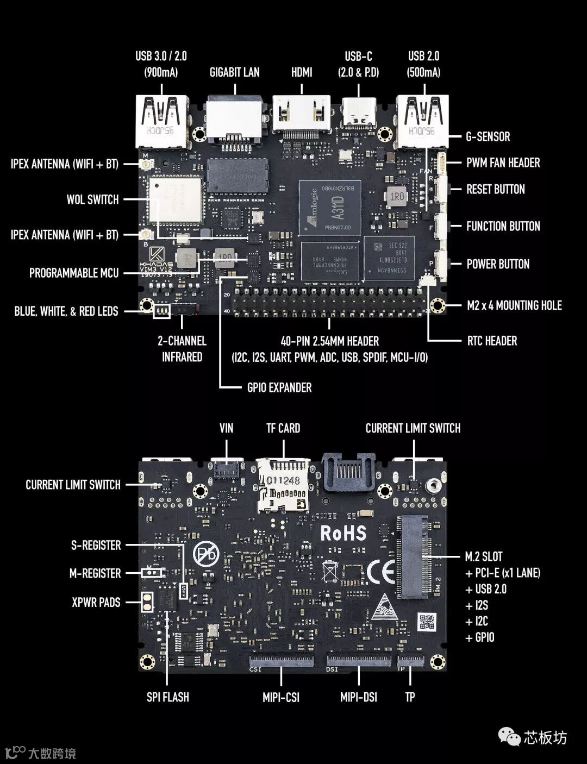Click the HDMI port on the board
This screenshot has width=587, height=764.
tap(302, 115)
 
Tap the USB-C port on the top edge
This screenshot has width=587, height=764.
tap(358, 113)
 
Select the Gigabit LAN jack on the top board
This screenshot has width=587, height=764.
tap(234, 117)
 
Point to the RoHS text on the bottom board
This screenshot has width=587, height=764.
tap(343, 533)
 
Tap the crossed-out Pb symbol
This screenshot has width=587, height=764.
tap(207, 555)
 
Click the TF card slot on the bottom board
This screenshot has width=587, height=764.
tap(284, 485)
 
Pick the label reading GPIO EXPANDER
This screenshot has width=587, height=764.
tap(279, 387)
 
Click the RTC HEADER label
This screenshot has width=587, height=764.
tap(492, 341)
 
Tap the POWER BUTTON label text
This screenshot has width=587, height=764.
tap(498, 264)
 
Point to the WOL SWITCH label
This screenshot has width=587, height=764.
tap(92, 199)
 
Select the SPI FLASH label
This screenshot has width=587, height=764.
tap(168, 697)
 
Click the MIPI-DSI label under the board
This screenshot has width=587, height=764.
tap(359, 697)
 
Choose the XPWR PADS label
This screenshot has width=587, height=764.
tap(96, 602)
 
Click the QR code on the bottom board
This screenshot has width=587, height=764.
tap(428, 621)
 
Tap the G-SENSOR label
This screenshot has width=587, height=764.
tap(488, 136)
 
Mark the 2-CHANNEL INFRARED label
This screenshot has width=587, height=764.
tap(182, 349)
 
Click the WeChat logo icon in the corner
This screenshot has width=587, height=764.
tap(509, 737)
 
